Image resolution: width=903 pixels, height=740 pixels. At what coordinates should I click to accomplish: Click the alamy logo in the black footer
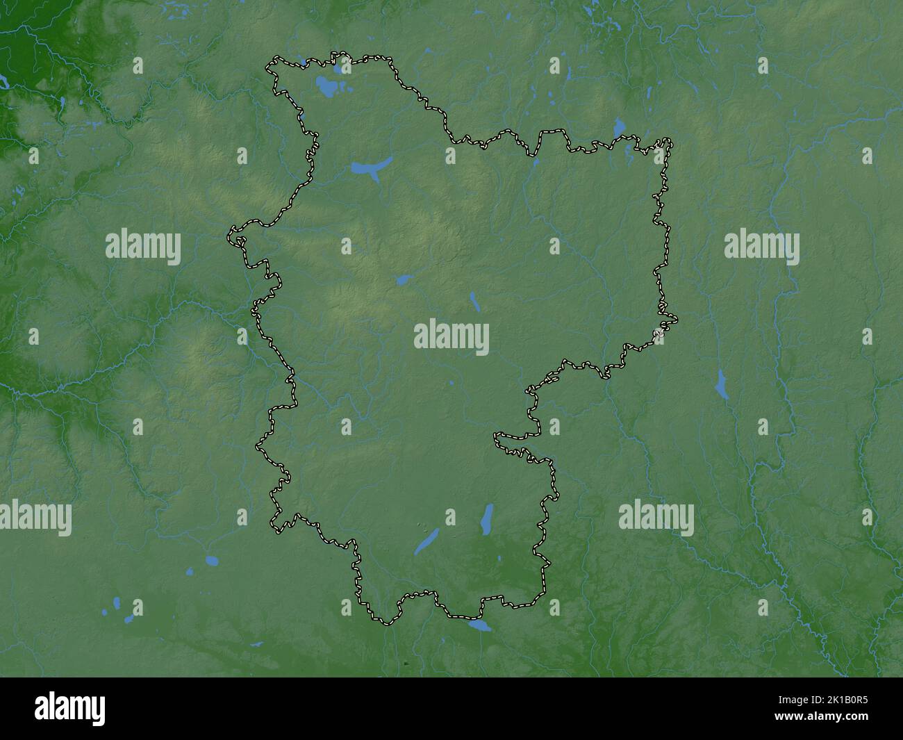(x=70, y=708)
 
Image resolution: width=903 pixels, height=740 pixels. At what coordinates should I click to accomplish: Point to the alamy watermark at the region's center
(x=451, y=338)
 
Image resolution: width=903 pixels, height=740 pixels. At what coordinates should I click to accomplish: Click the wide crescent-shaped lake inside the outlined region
(x=370, y=168)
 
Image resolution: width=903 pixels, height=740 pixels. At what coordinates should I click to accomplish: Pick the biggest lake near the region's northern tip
(x=326, y=87)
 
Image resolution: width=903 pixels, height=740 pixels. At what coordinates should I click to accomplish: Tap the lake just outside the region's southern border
(x=479, y=625)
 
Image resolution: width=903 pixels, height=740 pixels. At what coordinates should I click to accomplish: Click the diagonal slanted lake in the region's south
(x=427, y=541)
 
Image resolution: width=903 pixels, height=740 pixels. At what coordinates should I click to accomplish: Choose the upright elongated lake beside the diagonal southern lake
(x=487, y=520)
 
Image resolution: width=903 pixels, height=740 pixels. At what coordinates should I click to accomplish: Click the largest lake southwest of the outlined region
(x=210, y=559)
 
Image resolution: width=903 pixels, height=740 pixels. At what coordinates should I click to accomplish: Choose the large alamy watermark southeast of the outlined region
(x=656, y=518)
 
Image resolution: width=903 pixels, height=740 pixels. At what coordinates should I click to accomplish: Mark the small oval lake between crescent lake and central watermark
(x=401, y=280)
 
